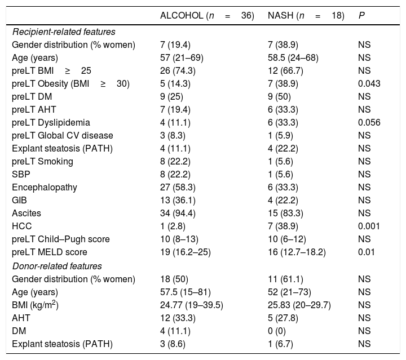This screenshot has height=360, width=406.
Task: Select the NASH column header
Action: pyautogui.click(x=306, y=16)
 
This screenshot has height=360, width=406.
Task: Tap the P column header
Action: pyautogui.click(x=361, y=16)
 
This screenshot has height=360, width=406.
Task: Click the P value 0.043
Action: pyautogui.click(x=369, y=83)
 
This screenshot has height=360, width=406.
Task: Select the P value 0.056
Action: pyautogui.click(x=369, y=122)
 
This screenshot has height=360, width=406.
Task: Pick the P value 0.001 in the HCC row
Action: pyautogui.click(x=369, y=226)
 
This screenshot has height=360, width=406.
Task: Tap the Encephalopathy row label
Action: pyautogui.click(x=44, y=187)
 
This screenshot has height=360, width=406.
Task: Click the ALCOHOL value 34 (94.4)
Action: pyautogui.click(x=178, y=213)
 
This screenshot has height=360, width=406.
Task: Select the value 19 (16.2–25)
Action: pyautogui.click(x=186, y=252)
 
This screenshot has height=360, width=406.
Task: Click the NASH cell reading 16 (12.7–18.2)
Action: pyautogui.click(x=297, y=252)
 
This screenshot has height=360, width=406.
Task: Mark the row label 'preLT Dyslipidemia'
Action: pyautogui.click(x=51, y=122)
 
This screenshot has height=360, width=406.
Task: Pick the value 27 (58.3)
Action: pyautogui.click(x=178, y=187)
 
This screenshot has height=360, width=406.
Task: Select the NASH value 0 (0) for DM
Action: pyautogui.click(x=278, y=331)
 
